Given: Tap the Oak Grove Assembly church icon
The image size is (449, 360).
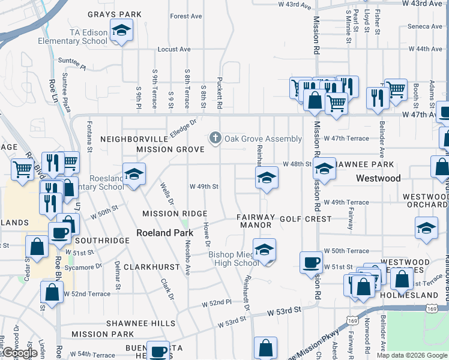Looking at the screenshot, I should click(215, 139).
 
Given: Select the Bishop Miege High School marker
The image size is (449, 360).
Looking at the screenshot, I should click(264, 251).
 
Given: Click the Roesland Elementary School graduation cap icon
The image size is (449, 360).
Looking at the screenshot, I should click(134, 175).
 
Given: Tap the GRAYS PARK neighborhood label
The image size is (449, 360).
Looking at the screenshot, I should click(115, 14).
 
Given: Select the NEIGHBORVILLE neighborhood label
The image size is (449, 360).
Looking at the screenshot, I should click(133, 139).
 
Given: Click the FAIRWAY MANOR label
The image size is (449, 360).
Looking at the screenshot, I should click(256, 221).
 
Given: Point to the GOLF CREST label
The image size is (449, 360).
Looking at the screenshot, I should click(306, 219).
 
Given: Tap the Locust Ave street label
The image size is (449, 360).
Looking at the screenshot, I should click(174, 49).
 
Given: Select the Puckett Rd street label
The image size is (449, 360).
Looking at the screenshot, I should click(220, 96).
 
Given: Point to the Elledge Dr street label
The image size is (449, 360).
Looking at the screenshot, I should click(184, 127).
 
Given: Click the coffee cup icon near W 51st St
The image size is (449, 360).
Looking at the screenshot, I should click(311, 262).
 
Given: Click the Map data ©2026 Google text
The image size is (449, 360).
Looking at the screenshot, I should click(411, 355).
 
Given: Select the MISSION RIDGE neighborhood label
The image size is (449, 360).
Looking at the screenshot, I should click(175, 214).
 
